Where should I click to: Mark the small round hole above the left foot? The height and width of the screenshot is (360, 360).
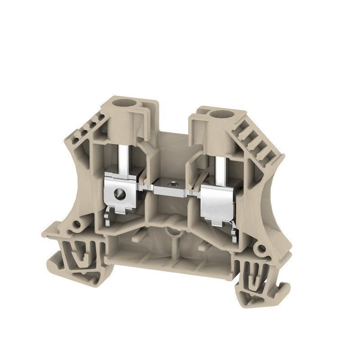(x=77, y=224)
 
